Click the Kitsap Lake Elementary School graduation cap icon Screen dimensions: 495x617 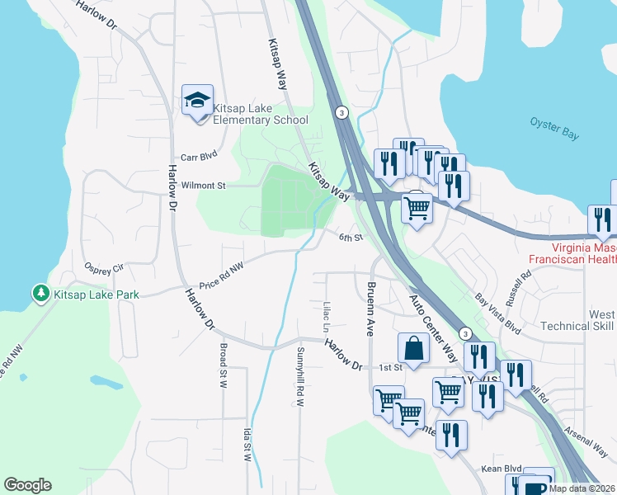click(x=197, y=101)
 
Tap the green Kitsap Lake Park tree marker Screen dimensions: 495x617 click(x=40, y=293)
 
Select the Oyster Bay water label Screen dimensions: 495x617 click(x=554, y=130)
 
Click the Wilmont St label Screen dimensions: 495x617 click(x=204, y=186)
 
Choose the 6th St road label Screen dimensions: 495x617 click(x=351, y=238)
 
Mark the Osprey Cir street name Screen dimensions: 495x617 click(x=103, y=267)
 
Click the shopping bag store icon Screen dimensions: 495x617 click(x=413, y=349)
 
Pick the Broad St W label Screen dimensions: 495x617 click(x=223, y=361)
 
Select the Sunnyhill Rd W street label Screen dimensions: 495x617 click(x=299, y=375)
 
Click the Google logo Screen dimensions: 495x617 click(x=27, y=485)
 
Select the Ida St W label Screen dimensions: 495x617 click(x=247, y=444)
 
